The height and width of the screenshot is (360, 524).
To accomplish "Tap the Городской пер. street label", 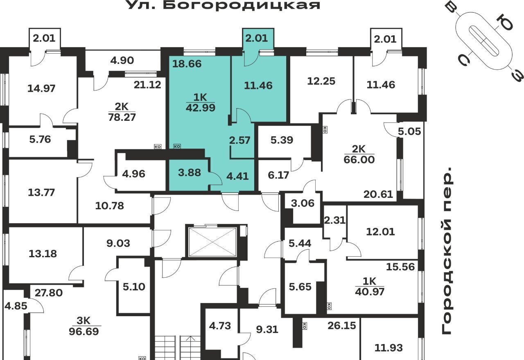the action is click(x=447, y=251).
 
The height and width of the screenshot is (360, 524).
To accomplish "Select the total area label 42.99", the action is click(x=201, y=108).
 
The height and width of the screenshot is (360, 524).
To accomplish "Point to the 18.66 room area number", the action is click(x=187, y=63).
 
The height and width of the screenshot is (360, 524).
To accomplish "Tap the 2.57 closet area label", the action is click(x=239, y=140).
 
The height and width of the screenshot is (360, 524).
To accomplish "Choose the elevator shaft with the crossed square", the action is click(x=212, y=242).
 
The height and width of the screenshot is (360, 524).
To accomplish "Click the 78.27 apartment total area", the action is click(x=122, y=117).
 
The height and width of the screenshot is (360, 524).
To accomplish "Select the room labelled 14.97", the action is click(x=41, y=88).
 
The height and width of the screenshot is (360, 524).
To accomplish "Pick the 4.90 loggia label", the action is click(x=122, y=60).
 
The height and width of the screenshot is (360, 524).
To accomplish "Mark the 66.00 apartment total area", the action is click(x=359, y=160).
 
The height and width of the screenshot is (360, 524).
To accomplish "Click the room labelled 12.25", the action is click(x=321, y=81).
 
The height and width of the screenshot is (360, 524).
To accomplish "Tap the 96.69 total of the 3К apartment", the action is click(x=84, y=332).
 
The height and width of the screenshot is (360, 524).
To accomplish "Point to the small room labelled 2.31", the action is click(x=335, y=220).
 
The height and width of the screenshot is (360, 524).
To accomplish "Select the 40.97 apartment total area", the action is click(x=370, y=292).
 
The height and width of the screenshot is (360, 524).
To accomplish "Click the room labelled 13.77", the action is click(x=41, y=192).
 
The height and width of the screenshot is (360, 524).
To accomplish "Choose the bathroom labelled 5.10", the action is click(x=134, y=287).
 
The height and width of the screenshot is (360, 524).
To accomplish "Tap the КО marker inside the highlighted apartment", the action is click(x=177, y=146).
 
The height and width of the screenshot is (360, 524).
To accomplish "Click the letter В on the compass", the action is click(x=452, y=9).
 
